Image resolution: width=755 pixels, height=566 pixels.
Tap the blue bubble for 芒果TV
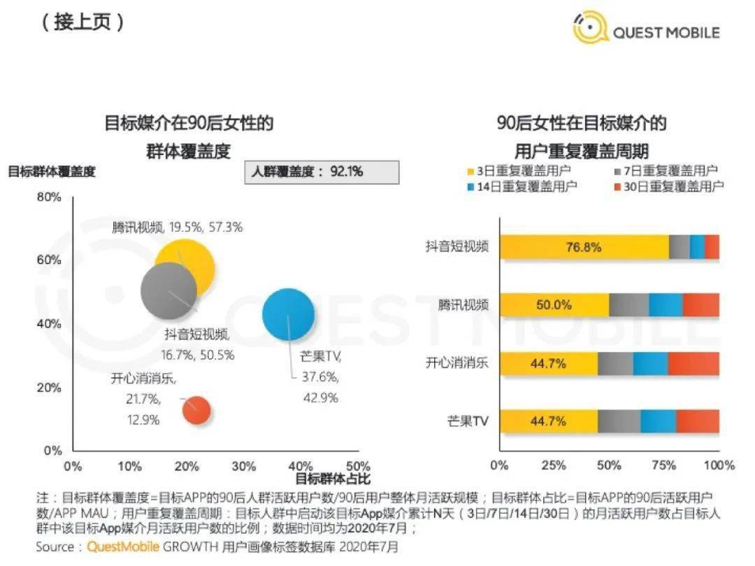[x=288, y=314]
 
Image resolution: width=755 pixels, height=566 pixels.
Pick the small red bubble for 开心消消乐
[x=196, y=410]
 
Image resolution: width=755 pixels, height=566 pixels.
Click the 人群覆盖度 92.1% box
[x=322, y=171]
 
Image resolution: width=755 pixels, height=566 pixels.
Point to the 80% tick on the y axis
[x=50, y=198]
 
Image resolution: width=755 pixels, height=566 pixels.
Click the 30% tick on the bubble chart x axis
[x=243, y=466]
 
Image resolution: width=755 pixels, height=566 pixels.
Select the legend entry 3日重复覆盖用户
[x=517, y=170]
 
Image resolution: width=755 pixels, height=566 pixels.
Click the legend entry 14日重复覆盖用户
[x=517, y=187]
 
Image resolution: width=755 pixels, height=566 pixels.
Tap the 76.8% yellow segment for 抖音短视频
[x=584, y=247]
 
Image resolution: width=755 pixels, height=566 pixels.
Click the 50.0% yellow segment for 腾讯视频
[x=554, y=305]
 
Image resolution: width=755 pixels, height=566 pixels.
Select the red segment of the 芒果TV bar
[x=698, y=421]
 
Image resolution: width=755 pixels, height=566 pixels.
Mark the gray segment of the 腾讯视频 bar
[x=628, y=305]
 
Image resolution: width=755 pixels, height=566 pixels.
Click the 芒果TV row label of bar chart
[x=468, y=421]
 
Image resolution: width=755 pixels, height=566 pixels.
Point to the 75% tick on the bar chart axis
[x=663, y=466]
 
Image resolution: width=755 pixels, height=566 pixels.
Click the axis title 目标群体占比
[x=332, y=479]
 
